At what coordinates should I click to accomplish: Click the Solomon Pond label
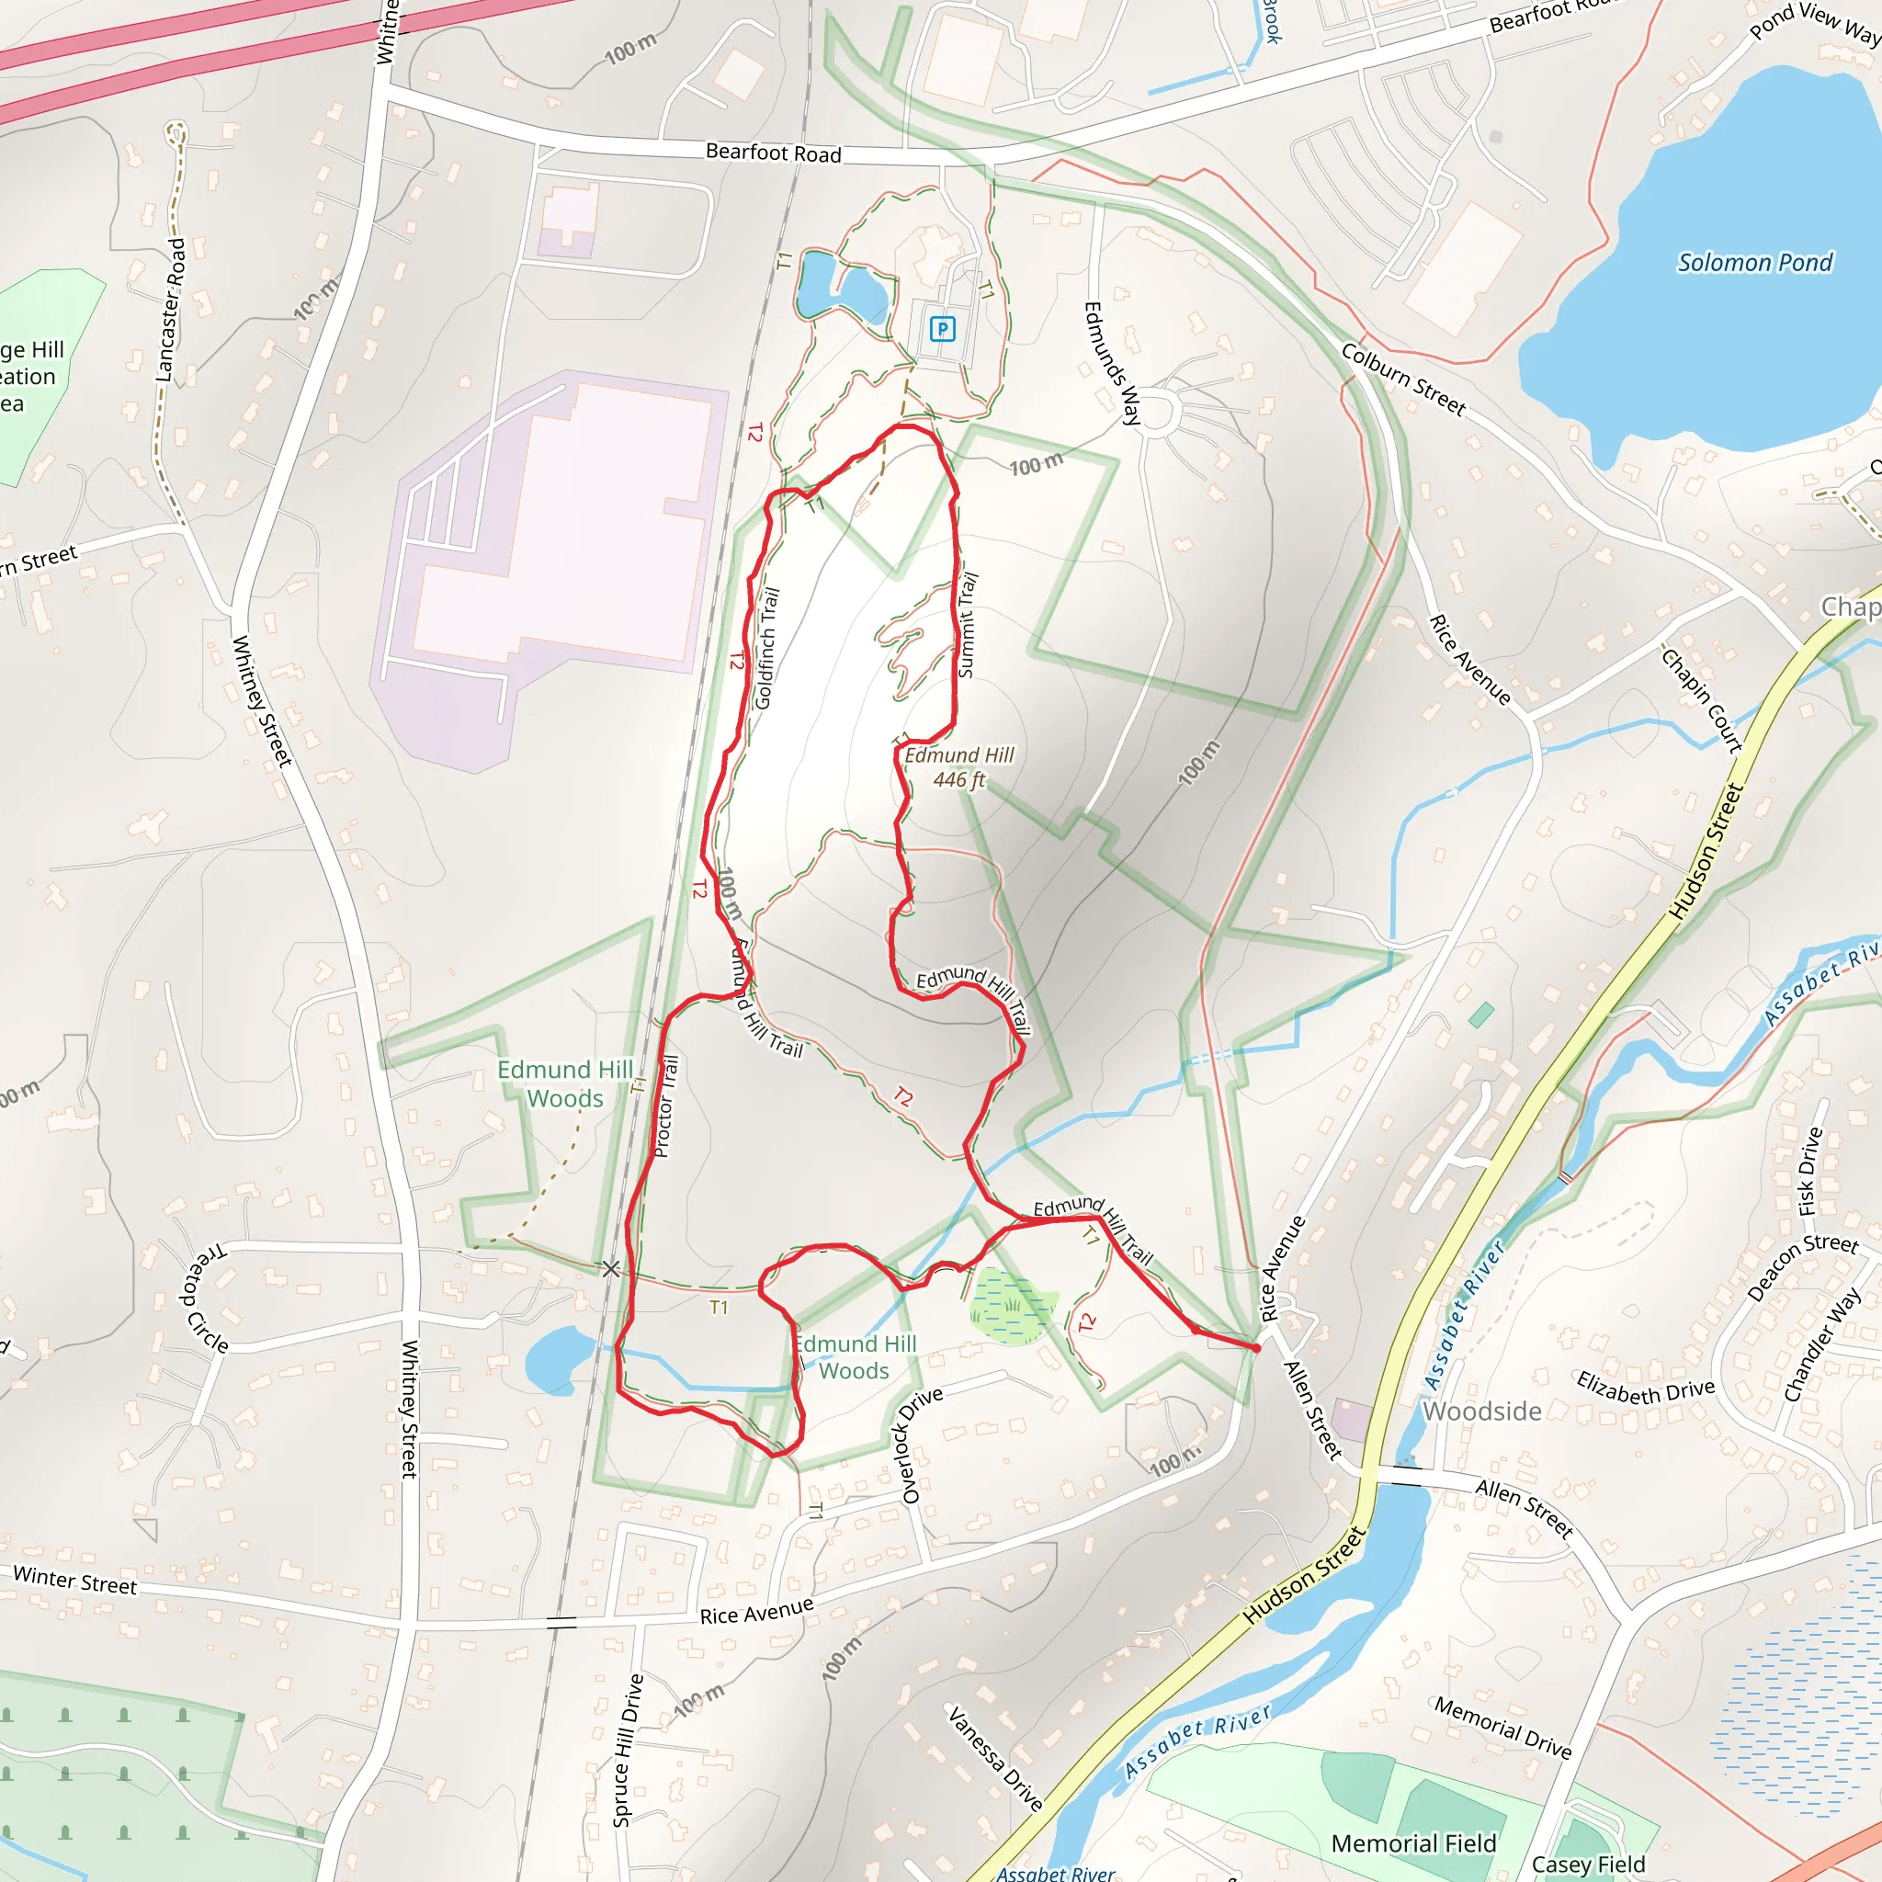[x=1754, y=262]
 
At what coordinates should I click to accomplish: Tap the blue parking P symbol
[x=942, y=328]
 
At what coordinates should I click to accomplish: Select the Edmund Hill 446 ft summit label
[x=959, y=767]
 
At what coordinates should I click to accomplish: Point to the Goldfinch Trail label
[x=767, y=648]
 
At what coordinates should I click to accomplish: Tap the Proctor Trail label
[x=666, y=1106]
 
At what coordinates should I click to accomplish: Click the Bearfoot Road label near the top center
[x=774, y=153]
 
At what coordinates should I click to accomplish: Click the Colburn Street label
[x=1402, y=379]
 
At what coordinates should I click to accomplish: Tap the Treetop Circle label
[x=205, y=1298]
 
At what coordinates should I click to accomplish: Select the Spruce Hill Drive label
[x=629, y=1750]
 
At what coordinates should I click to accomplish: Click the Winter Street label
[x=75, y=1579]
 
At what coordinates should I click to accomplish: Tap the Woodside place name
[x=1481, y=1411]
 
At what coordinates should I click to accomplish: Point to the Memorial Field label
[x=1413, y=1844]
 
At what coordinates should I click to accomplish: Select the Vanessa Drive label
[x=995, y=1758]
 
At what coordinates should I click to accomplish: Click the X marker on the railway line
[x=611, y=1268]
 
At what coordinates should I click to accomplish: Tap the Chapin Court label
[x=1702, y=700]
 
